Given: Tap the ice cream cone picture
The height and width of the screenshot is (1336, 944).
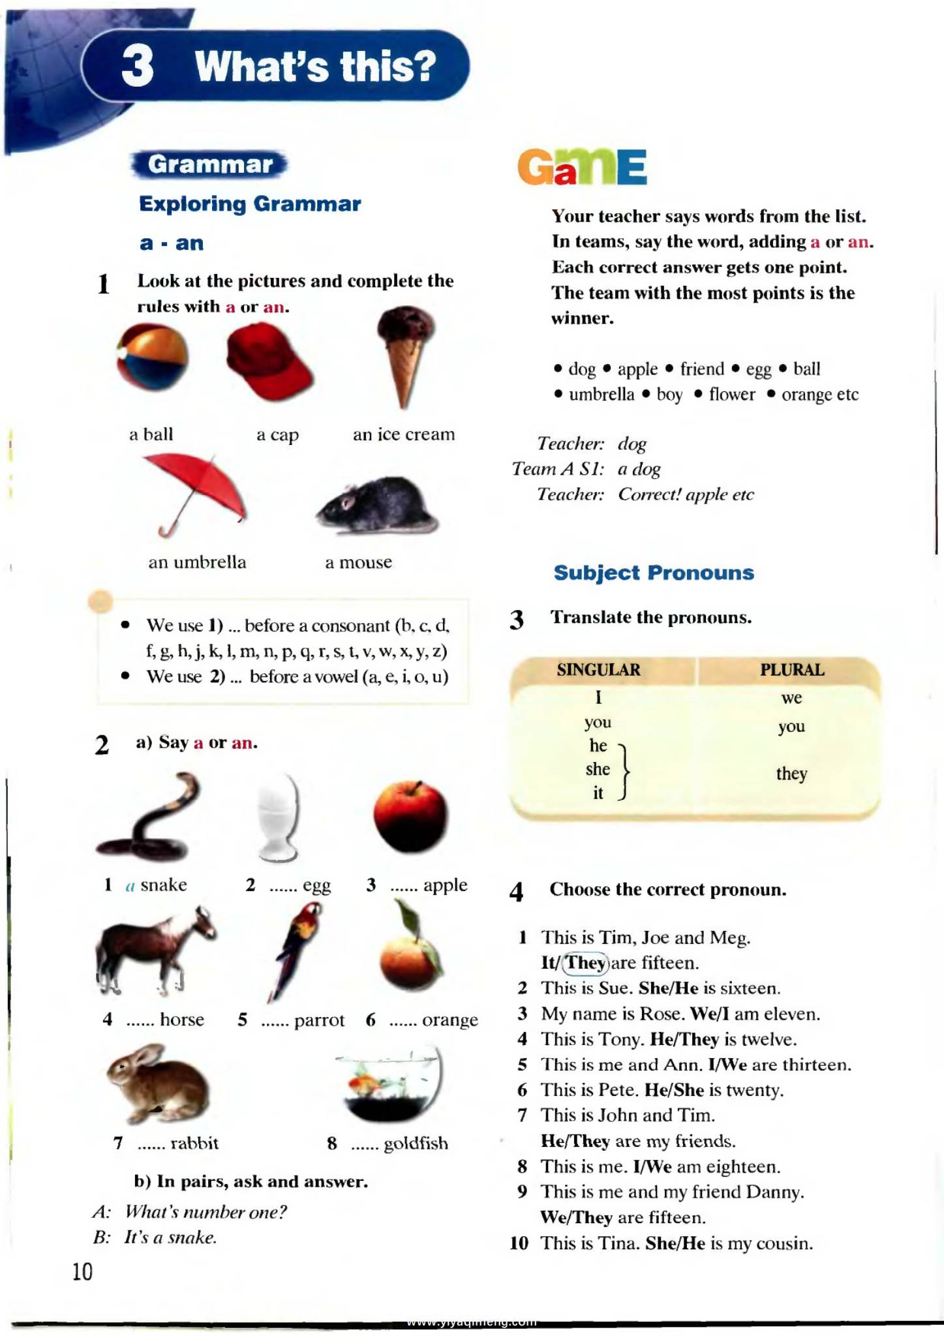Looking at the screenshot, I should tap(405, 352).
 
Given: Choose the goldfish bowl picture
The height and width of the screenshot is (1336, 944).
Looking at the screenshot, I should tap(390, 1084).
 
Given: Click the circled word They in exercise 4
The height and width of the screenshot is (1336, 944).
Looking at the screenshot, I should tap(586, 963).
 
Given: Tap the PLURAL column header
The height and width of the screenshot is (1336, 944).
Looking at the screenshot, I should tap(791, 670).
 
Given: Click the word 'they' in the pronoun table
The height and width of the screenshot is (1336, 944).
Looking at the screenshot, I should tap(791, 774).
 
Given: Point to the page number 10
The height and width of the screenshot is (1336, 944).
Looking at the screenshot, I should tap(83, 1271).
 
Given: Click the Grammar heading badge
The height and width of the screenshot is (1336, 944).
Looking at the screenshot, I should tap(210, 164).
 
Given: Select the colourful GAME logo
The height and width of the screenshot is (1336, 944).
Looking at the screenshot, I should tap(582, 167).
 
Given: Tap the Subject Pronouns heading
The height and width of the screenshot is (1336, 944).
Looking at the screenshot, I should tap(654, 573).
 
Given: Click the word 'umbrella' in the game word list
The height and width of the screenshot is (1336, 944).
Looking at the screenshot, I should tap(601, 395).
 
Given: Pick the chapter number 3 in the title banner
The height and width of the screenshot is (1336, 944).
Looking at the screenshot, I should tap(138, 67).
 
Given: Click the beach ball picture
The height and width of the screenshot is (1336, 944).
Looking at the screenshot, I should tap(153, 357).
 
